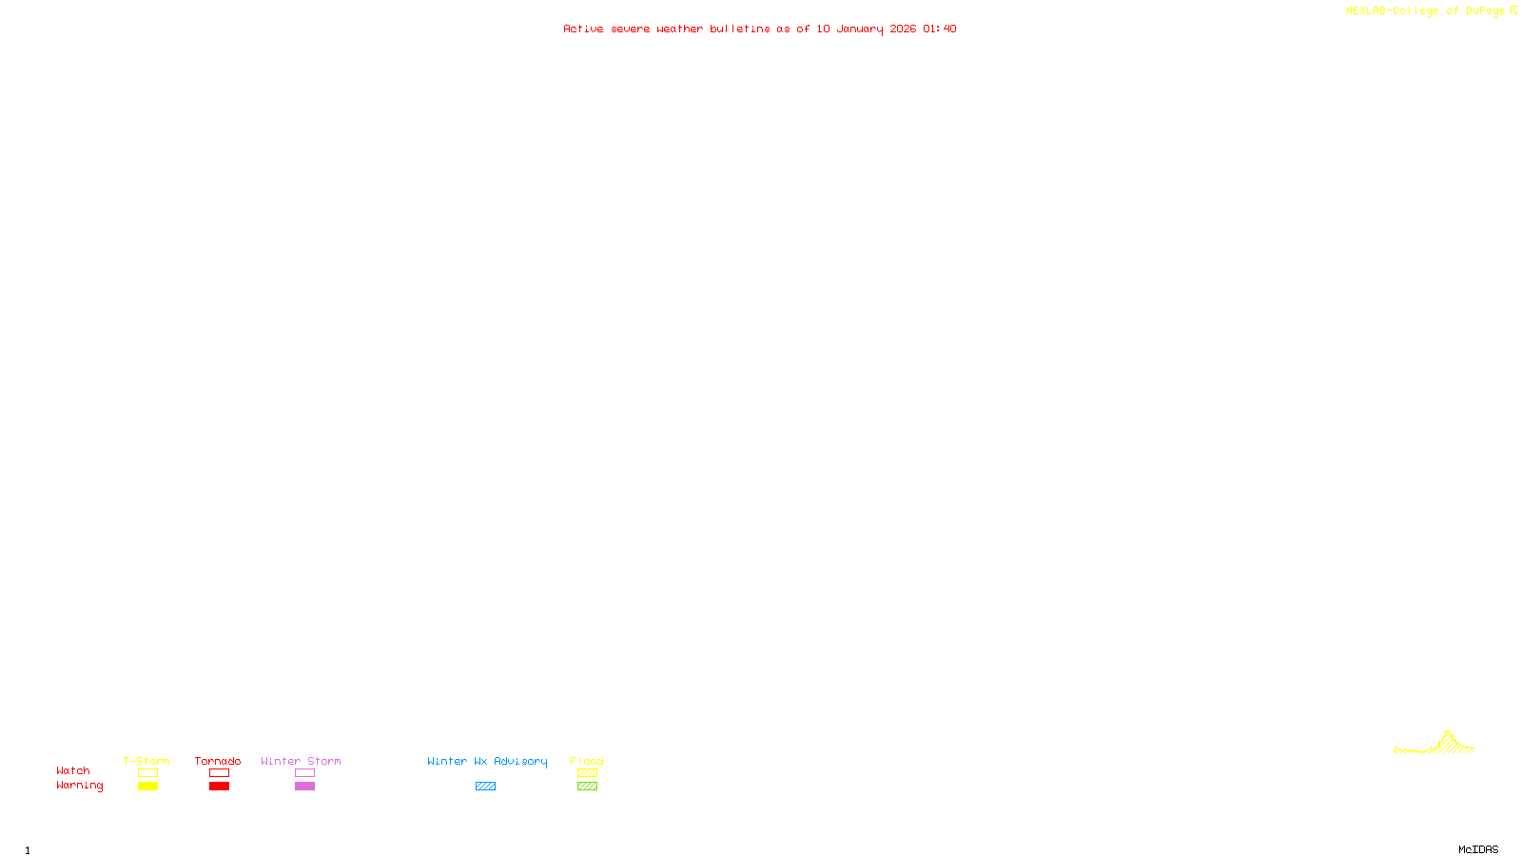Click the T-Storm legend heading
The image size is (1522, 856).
146,761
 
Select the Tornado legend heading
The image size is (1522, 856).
218,761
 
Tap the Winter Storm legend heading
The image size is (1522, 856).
301,761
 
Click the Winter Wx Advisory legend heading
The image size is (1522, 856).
487,761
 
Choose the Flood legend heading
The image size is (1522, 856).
587,761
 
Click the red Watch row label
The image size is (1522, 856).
73,770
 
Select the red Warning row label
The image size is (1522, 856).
80,786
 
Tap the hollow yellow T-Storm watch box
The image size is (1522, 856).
147,773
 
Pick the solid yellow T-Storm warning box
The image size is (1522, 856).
147,787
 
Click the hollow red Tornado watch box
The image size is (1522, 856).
220,773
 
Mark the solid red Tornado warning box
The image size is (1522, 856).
220,787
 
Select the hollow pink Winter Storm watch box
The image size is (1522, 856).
304,773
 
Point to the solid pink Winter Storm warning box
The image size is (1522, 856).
304,787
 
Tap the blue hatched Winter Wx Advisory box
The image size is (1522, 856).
485,787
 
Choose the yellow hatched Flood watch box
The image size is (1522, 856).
587,773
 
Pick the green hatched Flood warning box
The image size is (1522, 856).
587,787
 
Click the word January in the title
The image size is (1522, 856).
860,29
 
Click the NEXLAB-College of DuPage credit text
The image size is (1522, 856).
1426,10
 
